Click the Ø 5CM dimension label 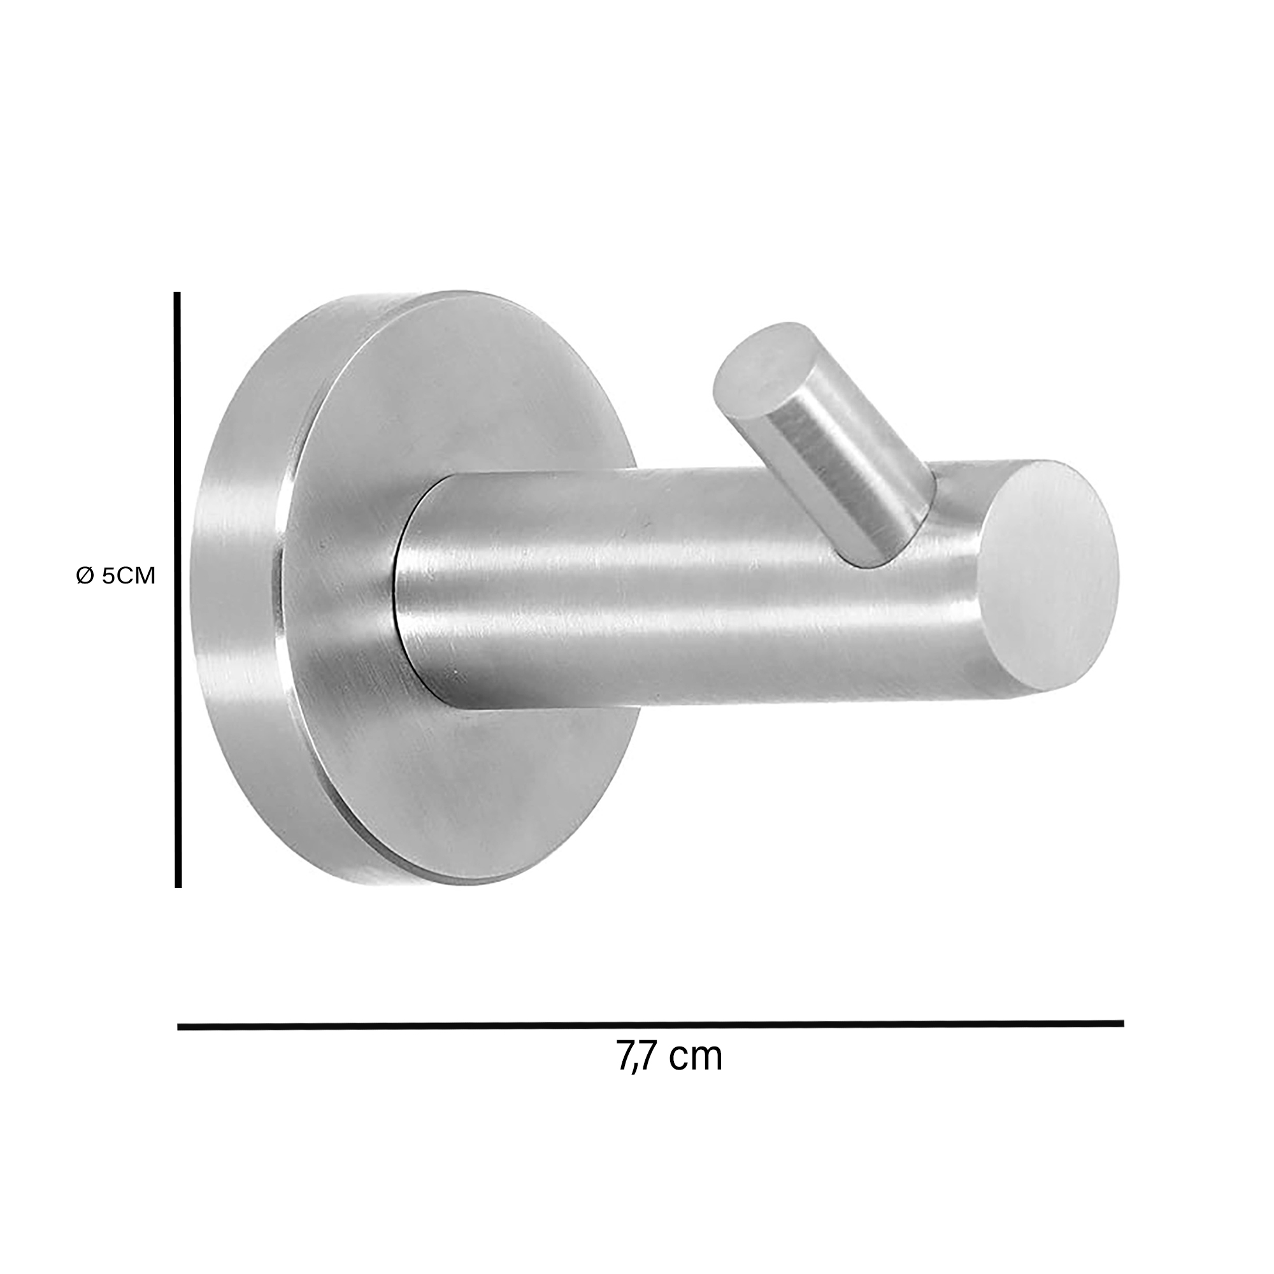(115, 576)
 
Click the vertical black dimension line (177, 594)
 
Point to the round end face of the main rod (1048, 577)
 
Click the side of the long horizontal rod (692, 587)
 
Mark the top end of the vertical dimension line (177, 295)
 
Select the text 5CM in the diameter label (129, 576)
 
